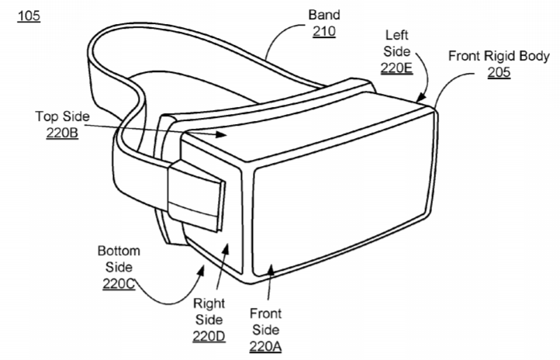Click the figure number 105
click(29, 16)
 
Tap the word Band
click(324, 15)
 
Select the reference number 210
click(324, 32)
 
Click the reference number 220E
click(397, 67)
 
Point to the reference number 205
click(499, 72)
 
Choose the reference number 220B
click(62, 133)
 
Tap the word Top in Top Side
click(46, 117)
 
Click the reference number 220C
click(119, 284)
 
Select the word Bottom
click(119, 251)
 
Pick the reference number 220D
click(209, 337)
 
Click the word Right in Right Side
click(209, 304)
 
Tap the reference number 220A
click(265, 347)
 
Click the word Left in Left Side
click(397, 35)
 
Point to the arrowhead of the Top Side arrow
click(222, 134)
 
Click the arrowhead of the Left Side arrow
click(421, 96)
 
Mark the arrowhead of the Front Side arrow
click(271, 269)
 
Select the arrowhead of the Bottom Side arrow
click(202, 270)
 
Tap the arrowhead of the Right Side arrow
click(226, 249)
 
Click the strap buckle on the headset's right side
click(196, 196)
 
